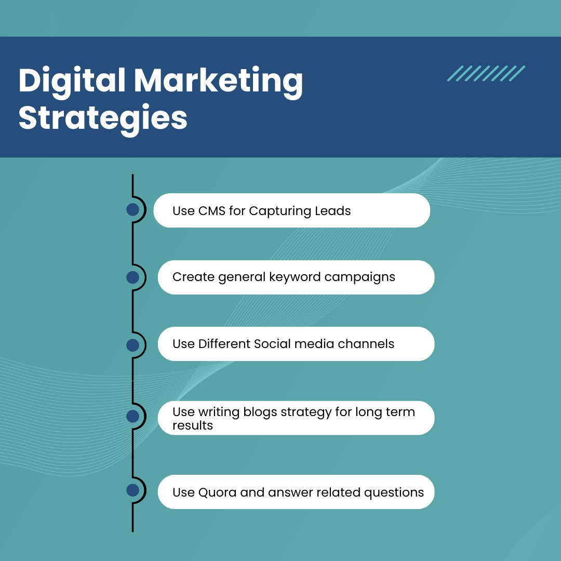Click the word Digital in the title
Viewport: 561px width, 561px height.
point(71,82)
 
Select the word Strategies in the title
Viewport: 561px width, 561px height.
point(103,118)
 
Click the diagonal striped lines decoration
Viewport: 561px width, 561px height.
point(486,73)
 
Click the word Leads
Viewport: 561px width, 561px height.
point(333,211)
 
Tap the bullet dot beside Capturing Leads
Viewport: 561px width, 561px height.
point(132,210)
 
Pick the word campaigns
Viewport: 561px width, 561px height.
point(360,277)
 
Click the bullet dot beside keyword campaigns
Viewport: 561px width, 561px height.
point(132,277)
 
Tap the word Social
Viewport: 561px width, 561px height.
point(273,344)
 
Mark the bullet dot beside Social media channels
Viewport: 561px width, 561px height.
point(132,345)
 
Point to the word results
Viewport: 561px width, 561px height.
point(193,425)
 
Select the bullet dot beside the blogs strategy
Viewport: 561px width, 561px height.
point(132,416)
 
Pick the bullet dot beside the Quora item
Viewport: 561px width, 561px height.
point(132,490)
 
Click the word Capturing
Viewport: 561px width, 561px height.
point(280,211)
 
